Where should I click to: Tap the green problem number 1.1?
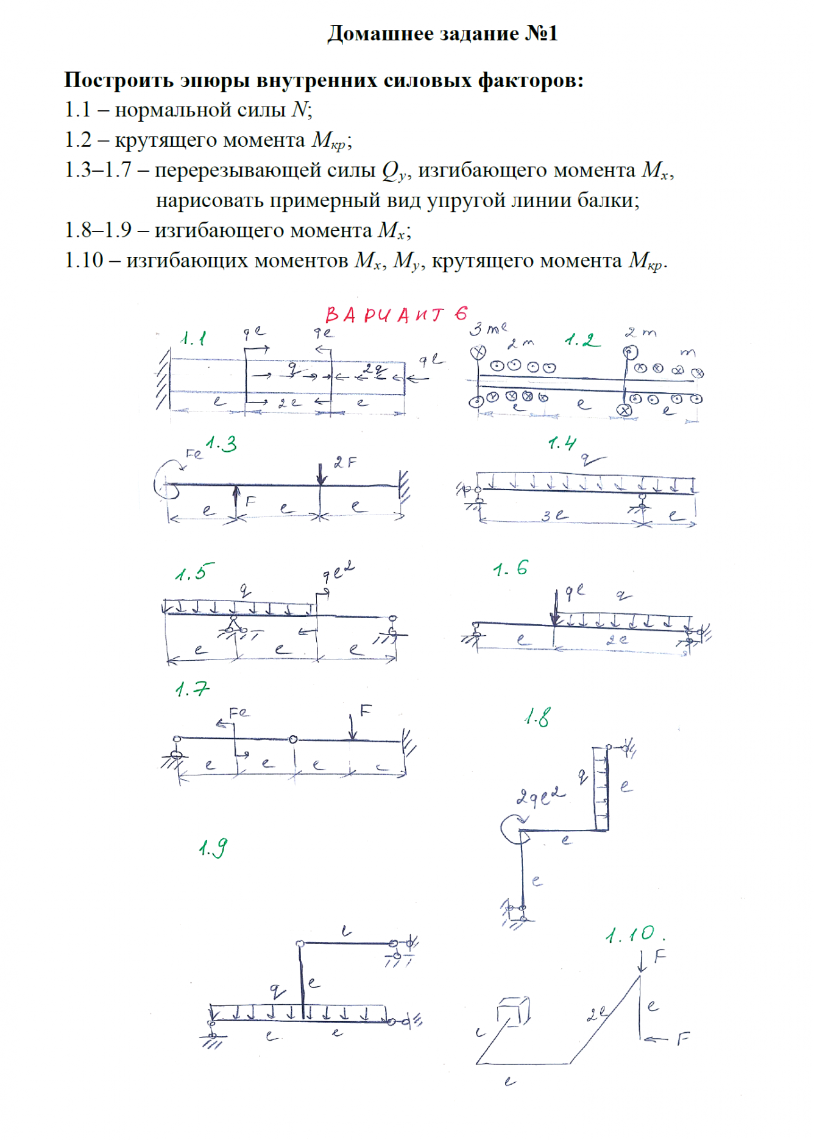194,339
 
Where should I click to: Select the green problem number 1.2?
582,340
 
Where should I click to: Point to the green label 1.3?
221,444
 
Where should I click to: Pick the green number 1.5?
194,573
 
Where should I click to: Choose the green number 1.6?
511,569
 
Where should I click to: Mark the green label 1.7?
192,689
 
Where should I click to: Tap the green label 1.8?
537,718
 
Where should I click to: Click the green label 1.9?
213,848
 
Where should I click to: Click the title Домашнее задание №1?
442,33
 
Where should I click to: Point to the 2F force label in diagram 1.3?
345,463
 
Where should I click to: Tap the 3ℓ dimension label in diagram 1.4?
554,515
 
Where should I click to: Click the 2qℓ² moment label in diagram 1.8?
540,796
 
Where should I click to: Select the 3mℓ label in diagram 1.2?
487,329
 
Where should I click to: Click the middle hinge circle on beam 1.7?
293,739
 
